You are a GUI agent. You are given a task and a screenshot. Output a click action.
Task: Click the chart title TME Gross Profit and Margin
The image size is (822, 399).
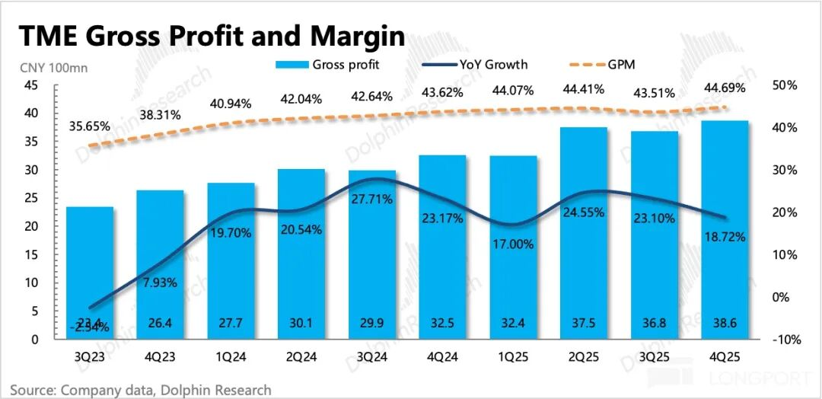(211, 37)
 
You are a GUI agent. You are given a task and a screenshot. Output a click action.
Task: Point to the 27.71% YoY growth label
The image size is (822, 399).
(371, 199)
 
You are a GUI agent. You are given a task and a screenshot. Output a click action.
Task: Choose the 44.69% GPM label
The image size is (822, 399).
(723, 88)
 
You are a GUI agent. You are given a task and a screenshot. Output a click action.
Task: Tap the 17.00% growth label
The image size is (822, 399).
(518, 244)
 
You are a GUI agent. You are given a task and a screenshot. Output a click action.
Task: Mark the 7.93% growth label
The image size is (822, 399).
(160, 282)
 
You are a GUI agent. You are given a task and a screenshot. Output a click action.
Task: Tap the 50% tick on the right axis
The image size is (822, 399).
(784, 86)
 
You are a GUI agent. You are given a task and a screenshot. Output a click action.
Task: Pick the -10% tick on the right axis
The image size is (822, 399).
(784, 340)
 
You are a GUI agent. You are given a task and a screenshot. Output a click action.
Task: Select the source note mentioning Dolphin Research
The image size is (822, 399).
(141, 390)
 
